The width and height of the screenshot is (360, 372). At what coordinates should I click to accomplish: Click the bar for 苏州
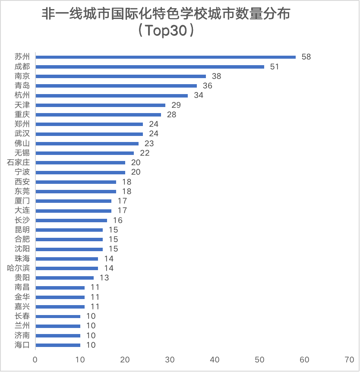tap(165, 57)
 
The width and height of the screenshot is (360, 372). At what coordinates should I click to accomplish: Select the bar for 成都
tap(150, 66)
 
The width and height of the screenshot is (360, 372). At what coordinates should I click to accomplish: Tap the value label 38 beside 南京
tap(216, 76)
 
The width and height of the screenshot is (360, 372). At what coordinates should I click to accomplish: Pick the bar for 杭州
tap(111, 95)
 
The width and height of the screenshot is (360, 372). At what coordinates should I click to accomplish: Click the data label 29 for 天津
tap(176, 105)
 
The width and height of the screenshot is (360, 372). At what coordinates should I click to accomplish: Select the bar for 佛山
tap(87, 143)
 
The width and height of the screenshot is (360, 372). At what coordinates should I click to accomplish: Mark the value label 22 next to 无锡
tap(145, 153)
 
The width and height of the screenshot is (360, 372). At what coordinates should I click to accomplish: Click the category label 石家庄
tap(19, 163)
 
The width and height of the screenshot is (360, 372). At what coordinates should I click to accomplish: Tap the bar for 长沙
tap(71, 220)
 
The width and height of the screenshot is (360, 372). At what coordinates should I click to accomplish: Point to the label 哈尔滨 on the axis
tap(19, 268)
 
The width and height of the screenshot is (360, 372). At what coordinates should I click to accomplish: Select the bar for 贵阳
tap(65, 277)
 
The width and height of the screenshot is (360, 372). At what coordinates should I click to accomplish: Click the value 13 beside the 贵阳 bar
tap(104, 277)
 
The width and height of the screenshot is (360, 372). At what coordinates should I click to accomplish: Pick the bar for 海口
tap(58, 345)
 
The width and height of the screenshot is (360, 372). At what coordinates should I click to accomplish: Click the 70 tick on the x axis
tap(349, 360)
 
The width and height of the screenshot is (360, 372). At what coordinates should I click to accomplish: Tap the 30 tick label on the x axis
tap(170, 360)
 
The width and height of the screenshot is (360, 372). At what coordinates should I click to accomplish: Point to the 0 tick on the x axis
tap(35, 360)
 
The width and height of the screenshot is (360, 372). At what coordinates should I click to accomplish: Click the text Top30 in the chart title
tap(165, 32)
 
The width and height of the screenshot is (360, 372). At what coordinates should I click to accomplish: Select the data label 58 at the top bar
tap(306, 57)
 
